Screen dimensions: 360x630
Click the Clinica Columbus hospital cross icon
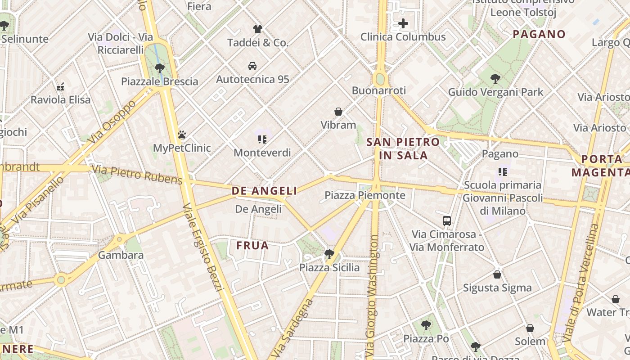click(x=403, y=23)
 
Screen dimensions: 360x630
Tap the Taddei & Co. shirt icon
click(x=257, y=29)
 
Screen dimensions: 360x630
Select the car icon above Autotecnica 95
click(x=252, y=66)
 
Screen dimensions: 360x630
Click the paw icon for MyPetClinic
click(x=182, y=135)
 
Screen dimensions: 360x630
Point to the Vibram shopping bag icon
click(x=338, y=112)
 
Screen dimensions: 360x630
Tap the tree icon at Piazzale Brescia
click(x=159, y=68)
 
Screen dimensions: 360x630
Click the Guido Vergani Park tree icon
click(x=495, y=79)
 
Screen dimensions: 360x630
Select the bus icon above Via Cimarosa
click(x=447, y=221)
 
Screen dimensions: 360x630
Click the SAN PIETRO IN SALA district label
click(x=403, y=148)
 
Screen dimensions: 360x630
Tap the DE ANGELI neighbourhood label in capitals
click(x=264, y=191)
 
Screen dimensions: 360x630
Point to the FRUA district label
click(x=252, y=246)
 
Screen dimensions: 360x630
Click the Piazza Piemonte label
click(x=365, y=195)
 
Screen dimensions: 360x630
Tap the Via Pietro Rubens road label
click(x=137, y=175)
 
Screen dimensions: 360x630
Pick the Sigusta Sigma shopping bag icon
click(x=497, y=274)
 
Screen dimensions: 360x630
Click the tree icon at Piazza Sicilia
click(x=329, y=254)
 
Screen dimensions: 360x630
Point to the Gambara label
click(x=121, y=255)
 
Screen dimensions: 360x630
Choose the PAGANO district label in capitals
click(x=539, y=34)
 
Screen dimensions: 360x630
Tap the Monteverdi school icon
click(x=262, y=139)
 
